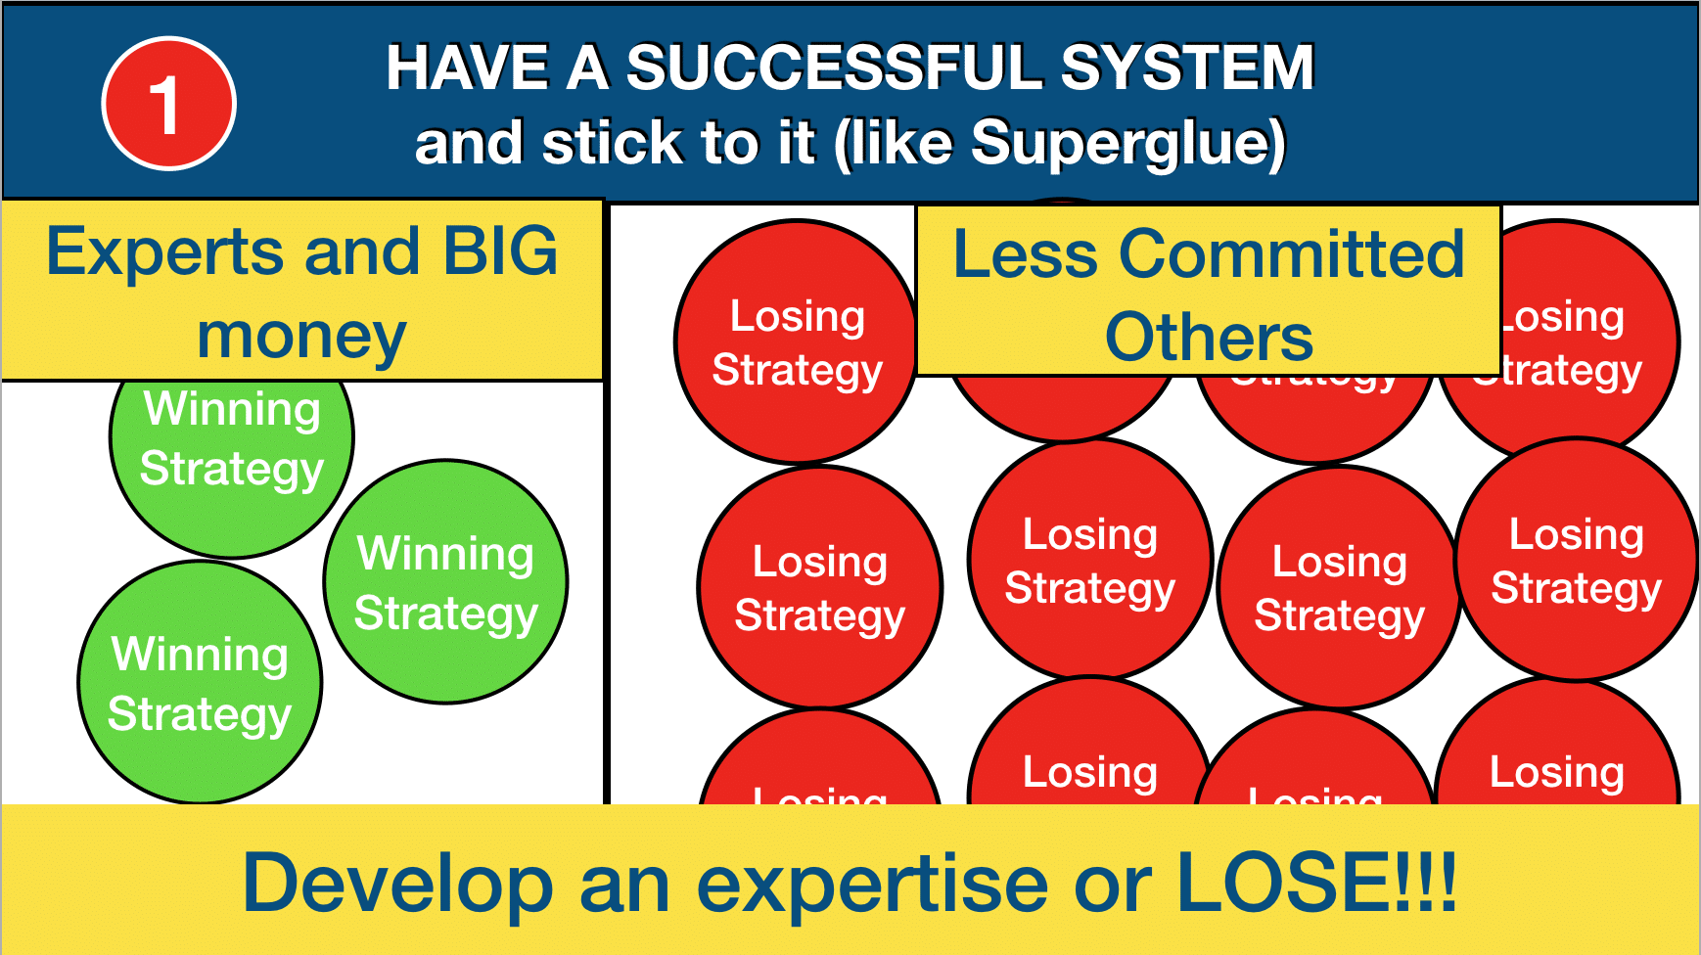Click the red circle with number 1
point(168,104)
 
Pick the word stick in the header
point(612,144)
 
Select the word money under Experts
point(301,336)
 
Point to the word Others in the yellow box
point(1209,338)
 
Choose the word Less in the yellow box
point(1026,254)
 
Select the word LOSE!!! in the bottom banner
point(1316,882)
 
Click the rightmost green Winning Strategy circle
point(446,582)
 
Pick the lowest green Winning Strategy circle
point(200,683)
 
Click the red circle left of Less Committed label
point(797,342)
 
